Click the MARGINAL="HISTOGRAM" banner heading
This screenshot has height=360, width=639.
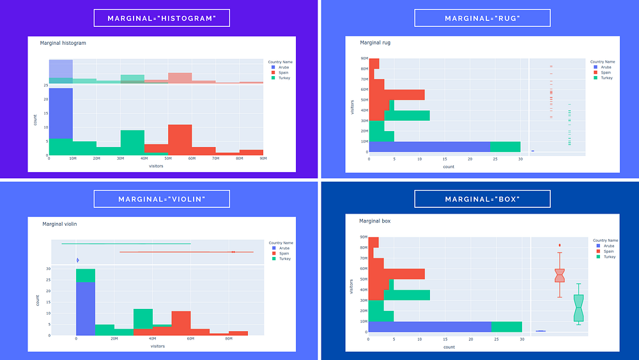pyautogui.click(x=161, y=18)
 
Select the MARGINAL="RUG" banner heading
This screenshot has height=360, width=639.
pyautogui.click(x=482, y=18)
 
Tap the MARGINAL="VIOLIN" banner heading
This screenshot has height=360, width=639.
pyautogui.click(x=161, y=199)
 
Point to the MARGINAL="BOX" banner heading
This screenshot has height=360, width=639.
pyautogui.click(x=482, y=199)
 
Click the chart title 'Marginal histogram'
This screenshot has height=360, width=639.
pyautogui.click(x=63, y=43)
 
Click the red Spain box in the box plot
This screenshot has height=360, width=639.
pyautogui.click(x=560, y=275)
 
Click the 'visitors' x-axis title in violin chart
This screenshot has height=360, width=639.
pyautogui.click(x=157, y=346)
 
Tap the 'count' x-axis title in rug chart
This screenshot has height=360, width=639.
pyautogui.click(x=449, y=166)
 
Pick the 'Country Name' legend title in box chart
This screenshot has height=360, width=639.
pyautogui.click(x=604, y=241)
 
